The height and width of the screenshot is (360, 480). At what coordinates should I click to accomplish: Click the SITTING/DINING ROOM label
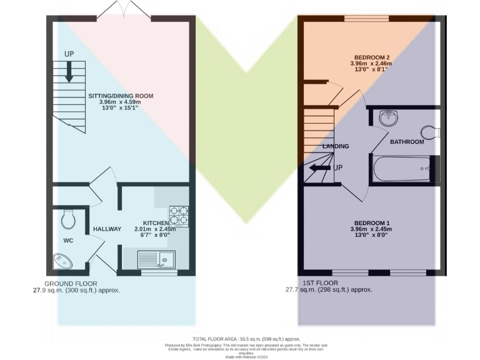(120, 96)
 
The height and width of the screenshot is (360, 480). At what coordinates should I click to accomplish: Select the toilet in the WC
(69, 219)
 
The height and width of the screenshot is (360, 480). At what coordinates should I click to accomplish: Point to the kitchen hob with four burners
(177, 214)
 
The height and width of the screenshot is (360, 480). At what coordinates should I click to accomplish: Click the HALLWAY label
(107, 229)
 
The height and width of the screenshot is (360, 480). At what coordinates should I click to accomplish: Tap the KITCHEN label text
(156, 223)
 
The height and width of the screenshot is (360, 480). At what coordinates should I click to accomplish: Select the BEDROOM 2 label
(371, 56)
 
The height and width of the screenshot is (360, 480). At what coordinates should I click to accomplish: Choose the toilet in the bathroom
(431, 132)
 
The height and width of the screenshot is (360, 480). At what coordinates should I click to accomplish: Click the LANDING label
(336, 146)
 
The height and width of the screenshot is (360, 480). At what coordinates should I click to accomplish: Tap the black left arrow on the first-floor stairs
(322, 167)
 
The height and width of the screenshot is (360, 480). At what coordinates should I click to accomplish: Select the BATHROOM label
(407, 142)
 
